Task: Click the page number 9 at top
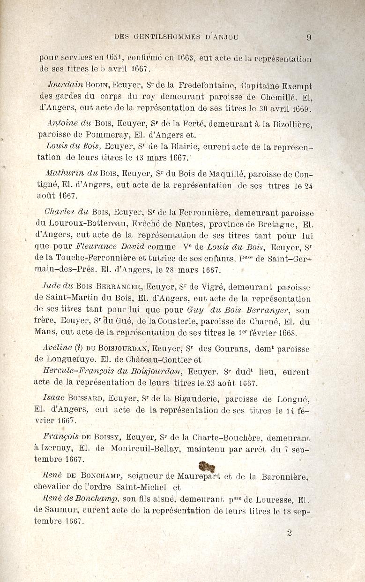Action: coord(309,38)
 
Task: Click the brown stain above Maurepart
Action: coord(207,467)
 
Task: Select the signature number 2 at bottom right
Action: coord(289,533)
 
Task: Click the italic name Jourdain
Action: coord(65,86)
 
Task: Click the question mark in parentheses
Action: coord(78,349)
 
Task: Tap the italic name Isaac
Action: coord(53,398)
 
